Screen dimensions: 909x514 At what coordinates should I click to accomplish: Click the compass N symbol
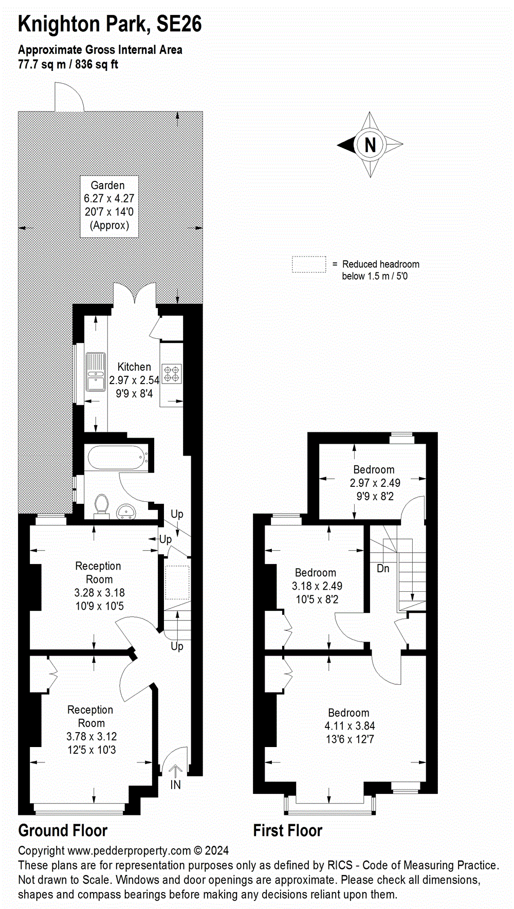pos(370,145)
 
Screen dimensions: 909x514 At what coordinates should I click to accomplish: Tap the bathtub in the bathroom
pos(117,458)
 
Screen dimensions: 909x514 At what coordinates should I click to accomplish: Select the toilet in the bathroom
pos(101,504)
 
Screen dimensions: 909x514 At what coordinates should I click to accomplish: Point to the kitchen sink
pos(96,372)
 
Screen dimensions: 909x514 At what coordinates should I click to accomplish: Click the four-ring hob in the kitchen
pos(171,374)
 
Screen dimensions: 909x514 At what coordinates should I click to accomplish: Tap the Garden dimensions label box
pos(109,206)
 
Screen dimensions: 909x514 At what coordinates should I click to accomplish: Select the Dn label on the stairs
pos(383,569)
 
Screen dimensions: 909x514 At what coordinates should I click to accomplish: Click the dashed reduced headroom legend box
pos(309,264)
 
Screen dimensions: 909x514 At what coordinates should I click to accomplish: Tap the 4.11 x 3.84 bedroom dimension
pos(350,726)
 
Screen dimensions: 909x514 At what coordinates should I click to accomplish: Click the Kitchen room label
pos(134,367)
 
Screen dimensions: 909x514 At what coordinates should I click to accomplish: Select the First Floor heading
pos(287,830)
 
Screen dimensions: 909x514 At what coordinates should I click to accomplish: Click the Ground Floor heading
pos(63,830)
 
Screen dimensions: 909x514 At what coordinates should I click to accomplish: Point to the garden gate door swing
pos(69,98)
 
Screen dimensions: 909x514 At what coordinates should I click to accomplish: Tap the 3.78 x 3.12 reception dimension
pos(91,736)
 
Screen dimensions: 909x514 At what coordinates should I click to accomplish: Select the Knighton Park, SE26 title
pos(109,24)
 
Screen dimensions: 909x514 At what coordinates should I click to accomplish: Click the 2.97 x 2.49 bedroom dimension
pos(375,483)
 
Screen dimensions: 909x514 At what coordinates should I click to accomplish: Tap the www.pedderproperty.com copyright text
pos(123,851)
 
